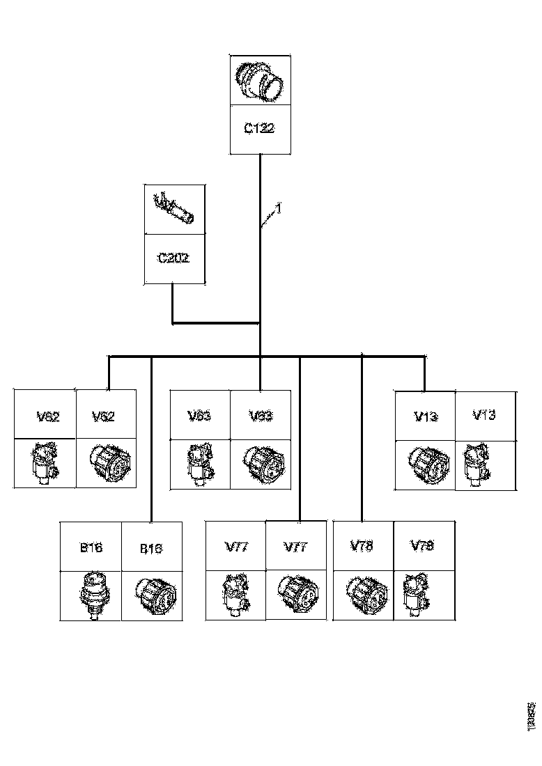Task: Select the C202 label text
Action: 174,258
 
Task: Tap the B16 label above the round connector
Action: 150,548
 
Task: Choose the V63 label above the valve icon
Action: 199,416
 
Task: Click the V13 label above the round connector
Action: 426,416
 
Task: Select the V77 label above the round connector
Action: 296,547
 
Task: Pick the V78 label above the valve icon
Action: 423,545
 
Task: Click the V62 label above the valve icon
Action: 47,417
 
